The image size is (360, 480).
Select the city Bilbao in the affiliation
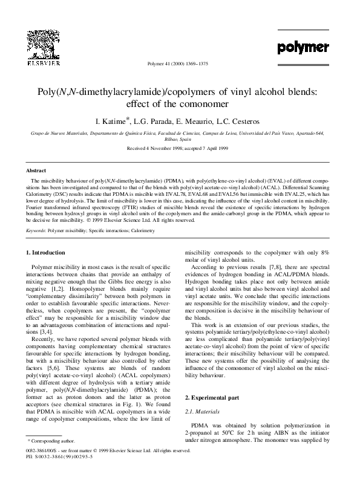point(171,138)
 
